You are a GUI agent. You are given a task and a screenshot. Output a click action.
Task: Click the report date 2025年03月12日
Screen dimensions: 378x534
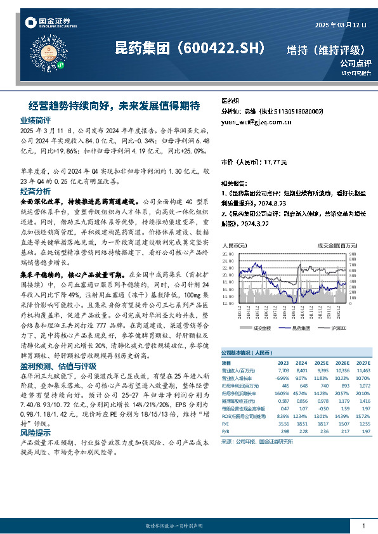click(341, 25)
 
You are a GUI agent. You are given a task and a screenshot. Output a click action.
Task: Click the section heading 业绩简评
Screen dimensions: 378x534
click(35, 120)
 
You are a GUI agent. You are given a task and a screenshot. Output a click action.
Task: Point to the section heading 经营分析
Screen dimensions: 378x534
click(35, 191)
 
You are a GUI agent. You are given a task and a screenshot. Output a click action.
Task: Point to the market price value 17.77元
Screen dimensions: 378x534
click(274, 162)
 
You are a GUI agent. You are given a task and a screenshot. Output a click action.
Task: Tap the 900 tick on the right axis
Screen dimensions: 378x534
click(357, 252)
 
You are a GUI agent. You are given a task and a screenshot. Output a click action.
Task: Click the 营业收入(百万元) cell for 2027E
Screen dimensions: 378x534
click(362, 369)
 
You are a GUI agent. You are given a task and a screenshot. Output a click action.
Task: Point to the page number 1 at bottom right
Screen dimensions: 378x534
click(363, 526)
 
